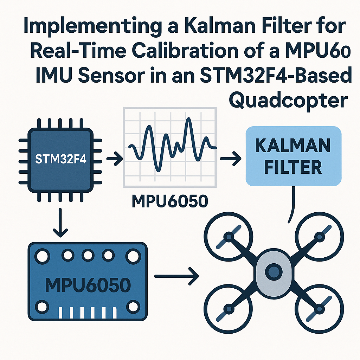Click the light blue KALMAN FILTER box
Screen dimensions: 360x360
point(293,156)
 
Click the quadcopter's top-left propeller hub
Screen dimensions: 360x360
point(229,237)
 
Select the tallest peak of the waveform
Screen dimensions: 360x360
point(189,121)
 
